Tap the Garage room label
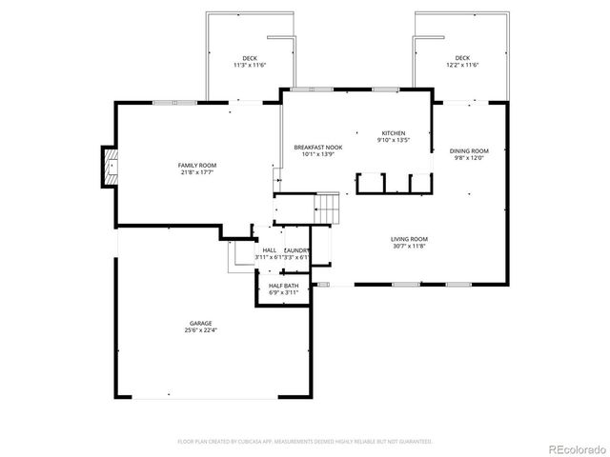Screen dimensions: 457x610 199,326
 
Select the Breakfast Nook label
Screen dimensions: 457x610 317,148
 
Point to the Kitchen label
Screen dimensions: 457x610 394,133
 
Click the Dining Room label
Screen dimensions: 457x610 469,151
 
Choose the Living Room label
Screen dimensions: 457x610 409,239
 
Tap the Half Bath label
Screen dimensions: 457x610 283,286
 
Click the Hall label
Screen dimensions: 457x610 269,250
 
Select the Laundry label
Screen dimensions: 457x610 296,250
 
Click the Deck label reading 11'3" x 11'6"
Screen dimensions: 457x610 249,58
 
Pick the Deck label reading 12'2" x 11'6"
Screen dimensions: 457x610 462,58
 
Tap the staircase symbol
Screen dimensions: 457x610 328,207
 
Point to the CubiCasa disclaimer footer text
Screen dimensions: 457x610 305,442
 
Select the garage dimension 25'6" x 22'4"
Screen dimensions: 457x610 199,331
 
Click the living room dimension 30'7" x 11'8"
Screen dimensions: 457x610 409,245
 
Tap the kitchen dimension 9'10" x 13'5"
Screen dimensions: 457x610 394,140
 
